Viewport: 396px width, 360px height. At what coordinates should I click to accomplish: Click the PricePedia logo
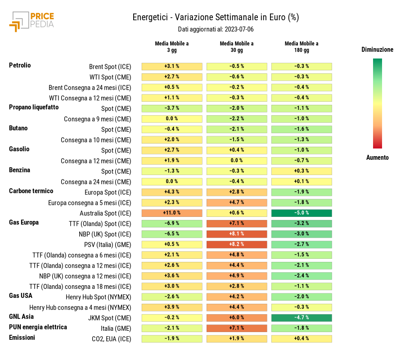(31, 22)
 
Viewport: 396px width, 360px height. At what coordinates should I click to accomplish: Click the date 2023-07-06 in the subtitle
(239, 29)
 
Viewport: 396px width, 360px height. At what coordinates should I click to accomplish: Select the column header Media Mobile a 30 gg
(237, 47)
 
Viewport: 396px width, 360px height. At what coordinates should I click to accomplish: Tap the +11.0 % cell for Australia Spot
(172, 213)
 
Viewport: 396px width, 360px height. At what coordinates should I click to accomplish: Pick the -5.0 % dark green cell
(301, 213)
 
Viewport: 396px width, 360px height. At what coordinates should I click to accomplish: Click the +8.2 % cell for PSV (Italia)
(237, 244)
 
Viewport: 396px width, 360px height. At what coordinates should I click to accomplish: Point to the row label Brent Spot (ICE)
(110, 67)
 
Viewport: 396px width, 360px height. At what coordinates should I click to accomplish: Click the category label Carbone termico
(31, 191)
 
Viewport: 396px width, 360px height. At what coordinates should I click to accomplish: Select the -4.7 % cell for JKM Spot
(301, 318)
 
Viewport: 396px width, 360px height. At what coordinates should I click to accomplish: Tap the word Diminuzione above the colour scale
(377, 49)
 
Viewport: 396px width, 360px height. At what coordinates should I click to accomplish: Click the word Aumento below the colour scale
(377, 157)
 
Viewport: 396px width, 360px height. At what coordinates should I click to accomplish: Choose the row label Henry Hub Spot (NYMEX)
(99, 297)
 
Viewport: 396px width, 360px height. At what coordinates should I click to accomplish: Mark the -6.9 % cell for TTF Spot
(172, 223)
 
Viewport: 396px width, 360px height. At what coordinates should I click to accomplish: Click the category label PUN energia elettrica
(38, 327)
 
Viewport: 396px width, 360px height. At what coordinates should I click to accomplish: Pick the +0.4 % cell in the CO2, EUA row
(301, 338)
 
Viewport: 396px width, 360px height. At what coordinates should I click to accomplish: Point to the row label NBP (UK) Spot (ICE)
(105, 234)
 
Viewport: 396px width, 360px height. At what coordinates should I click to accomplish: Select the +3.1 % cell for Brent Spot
(172, 66)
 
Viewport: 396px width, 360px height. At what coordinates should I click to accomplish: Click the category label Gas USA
(21, 296)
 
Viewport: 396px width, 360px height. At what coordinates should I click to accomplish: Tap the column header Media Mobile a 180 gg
(301, 47)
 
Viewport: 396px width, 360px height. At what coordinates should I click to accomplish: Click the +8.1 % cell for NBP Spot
(237, 234)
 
